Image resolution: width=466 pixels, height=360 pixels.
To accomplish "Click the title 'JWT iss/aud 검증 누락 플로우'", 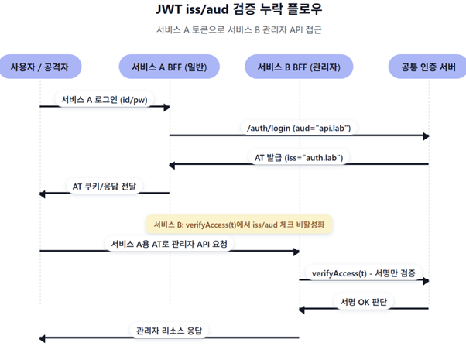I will point(233,11).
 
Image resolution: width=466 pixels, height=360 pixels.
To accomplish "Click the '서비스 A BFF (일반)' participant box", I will point(170,67).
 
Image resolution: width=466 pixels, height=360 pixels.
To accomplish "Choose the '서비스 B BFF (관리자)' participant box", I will point(299,67).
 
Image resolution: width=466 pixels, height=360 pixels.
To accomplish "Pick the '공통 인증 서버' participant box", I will point(427,67).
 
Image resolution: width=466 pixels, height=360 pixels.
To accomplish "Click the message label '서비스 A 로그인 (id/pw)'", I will point(105,99).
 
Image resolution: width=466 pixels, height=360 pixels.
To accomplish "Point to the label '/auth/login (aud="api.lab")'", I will point(299,128).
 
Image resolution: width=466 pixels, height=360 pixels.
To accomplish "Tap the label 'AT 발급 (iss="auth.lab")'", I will point(299,156).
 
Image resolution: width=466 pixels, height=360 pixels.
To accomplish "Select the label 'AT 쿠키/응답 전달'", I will point(105,186).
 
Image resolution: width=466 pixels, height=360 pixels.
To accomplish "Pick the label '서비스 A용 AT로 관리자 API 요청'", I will point(170,243).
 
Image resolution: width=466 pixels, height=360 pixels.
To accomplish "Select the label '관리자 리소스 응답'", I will point(170,331).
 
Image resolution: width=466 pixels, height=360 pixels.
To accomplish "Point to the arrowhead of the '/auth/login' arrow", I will point(426,135).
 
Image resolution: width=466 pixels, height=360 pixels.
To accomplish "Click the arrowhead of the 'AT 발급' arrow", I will point(173,164).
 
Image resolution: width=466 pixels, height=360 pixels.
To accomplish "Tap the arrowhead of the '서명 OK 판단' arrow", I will point(303,309).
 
